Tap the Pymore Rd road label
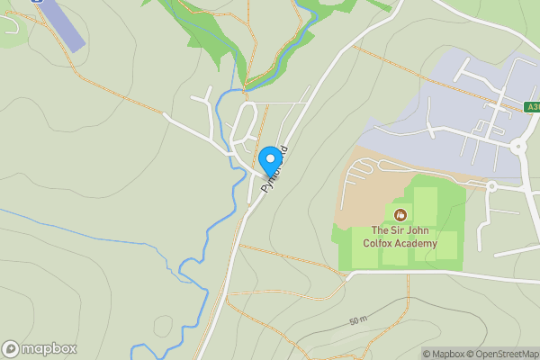click(275, 168)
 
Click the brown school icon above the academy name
click(400, 214)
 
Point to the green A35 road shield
click(531, 107)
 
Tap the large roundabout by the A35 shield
click(517, 146)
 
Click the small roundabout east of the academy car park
click(491, 186)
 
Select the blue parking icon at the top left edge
click(36, 2)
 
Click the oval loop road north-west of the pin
click(244, 126)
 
